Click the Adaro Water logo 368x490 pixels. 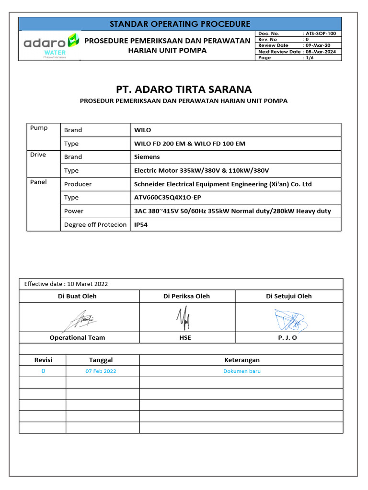click(x=51, y=46)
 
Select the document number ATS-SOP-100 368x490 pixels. click(x=320, y=33)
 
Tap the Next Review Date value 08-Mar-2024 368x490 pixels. click(x=321, y=52)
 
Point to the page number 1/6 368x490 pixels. click(x=309, y=57)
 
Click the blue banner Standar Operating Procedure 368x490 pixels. click(x=180, y=24)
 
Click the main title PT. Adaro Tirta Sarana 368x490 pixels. click(x=184, y=89)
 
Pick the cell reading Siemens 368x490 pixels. click(x=147, y=156)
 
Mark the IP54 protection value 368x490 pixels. click(x=141, y=224)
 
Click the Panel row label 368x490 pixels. click(x=38, y=182)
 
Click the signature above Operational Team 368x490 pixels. click(x=79, y=318)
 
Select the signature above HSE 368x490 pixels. click(x=183, y=317)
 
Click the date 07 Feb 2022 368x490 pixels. click(x=101, y=371)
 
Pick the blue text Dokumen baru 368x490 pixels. click(x=242, y=371)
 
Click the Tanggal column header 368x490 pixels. click(x=101, y=360)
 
